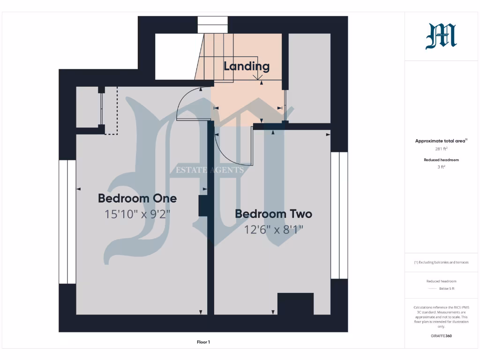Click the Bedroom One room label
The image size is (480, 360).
click(x=137, y=198)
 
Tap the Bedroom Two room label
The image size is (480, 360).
click(x=273, y=214)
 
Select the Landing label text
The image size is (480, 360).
click(x=247, y=66)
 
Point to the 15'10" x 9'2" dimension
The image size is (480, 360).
click(x=137, y=214)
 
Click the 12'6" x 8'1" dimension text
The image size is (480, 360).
click(x=274, y=230)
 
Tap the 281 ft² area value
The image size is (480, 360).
click(x=441, y=149)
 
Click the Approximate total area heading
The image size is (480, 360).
click(x=441, y=141)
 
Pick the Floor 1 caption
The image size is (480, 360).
click(x=203, y=342)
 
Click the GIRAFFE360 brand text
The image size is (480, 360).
click(x=441, y=336)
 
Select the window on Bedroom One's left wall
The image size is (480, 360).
click(x=67, y=222)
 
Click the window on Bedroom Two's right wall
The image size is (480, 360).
click(x=339, y=215)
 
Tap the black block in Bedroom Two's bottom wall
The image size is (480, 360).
click(x=295, y=304)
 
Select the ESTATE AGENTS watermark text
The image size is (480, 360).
click(x=210, y=170)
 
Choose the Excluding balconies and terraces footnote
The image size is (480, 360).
click(x=441, y=262)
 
